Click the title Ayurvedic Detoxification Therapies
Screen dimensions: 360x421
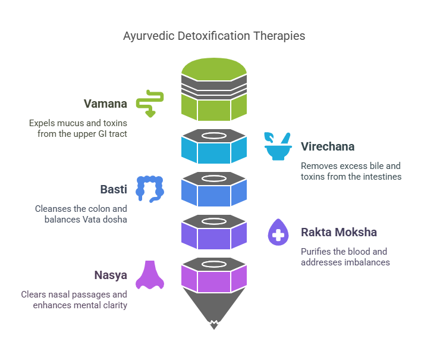coord(214,36)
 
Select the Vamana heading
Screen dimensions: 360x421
coord(105,104)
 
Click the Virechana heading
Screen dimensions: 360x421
coord(328,146)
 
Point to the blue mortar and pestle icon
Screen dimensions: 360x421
coord(278,146)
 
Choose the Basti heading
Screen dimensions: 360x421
coord(113,189)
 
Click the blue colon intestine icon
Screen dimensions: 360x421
coord(149,188)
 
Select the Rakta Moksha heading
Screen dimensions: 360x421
coord(339,232)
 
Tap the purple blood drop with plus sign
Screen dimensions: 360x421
coord(278,232)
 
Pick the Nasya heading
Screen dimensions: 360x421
coord(110,275)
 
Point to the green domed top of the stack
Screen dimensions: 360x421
coord(214,68)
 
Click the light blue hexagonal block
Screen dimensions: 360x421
coord(214,152)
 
